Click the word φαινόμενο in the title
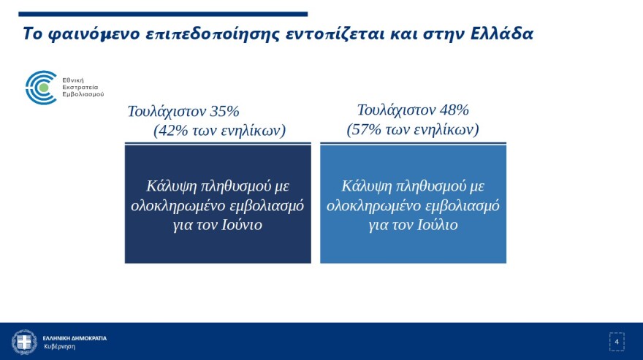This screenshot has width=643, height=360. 86,34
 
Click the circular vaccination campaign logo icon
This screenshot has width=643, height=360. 41,87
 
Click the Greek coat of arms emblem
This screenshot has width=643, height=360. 24,342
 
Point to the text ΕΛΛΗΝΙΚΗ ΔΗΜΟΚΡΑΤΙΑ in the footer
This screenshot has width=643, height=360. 75,338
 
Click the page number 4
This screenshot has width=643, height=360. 617,342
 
